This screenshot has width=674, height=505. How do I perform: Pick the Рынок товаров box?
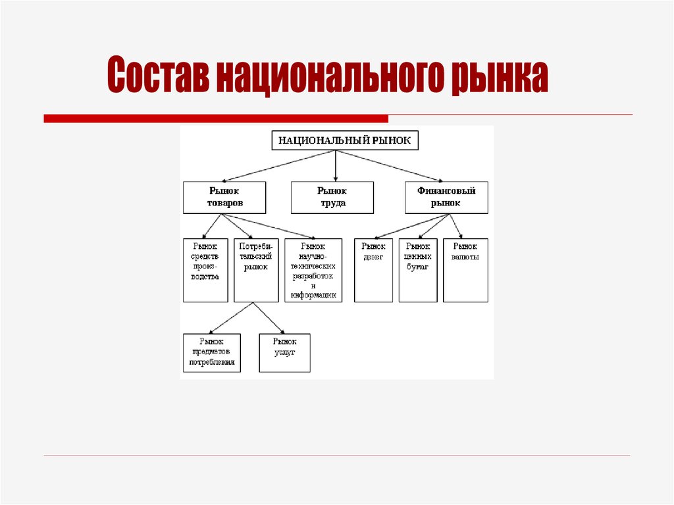tap(224, 198)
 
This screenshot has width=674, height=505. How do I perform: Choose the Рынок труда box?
tap(332, 198)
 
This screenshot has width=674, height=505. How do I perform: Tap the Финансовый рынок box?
tap(446, 198)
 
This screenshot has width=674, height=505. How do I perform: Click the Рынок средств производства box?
tap(205, 270)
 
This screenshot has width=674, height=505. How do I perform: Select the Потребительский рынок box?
tap(255, 270)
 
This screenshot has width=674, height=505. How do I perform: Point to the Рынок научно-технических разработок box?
tap(313, 270)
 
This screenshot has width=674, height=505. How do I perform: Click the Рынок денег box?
tap(373, 270)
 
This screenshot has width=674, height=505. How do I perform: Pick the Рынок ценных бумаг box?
tap(418, 270)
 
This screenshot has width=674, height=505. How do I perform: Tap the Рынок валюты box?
tap(465, 270)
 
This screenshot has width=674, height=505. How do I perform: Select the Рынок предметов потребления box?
tap(212, 353)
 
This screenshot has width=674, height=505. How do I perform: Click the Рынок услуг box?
tap(284, 353)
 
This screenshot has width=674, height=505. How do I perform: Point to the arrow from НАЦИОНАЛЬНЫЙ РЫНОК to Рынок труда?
tap(336, 166)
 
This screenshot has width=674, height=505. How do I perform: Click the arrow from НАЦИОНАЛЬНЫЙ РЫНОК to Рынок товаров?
tap(280, 165)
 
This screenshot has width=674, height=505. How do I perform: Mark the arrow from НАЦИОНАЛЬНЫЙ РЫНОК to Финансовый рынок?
tap(392, 166)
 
